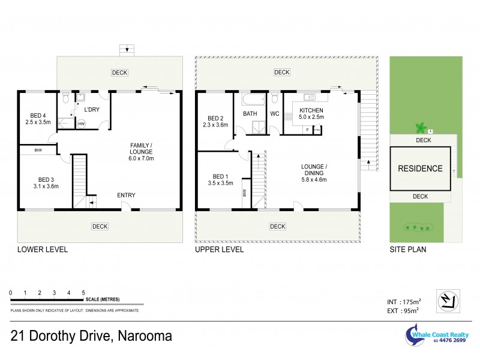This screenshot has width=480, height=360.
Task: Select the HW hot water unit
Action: [82, 124]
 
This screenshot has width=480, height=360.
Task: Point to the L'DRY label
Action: [92, 109]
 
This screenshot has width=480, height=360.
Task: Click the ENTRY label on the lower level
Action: [126, 195]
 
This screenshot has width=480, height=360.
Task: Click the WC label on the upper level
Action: [275, 113]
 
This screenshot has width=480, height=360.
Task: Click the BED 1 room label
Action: [220, 179]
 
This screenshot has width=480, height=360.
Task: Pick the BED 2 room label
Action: [215, 122]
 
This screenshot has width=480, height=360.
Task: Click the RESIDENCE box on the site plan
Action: [420, 169]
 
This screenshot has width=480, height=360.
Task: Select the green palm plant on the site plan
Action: [421, 127]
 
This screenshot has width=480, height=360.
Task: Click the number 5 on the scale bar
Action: [83, 292]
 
